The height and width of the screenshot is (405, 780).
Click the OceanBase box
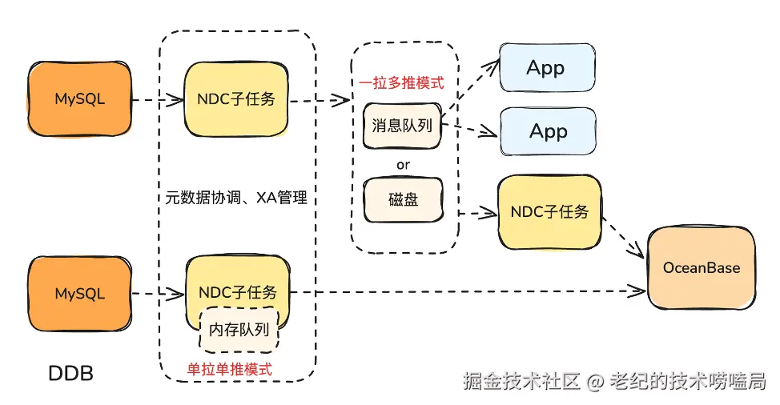[x=701, y=267]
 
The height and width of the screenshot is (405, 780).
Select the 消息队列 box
[x=402, y=126]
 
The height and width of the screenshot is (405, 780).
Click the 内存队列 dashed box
[x=239, y=328]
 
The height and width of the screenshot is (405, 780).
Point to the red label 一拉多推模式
[x=401, y=82]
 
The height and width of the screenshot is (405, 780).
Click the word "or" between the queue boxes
[x=403, y=164]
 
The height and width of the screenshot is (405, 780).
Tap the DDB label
[x=71, y=373]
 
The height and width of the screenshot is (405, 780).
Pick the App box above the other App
[x=547, y=69]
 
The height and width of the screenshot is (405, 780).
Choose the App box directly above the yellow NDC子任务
[x=549, y=131]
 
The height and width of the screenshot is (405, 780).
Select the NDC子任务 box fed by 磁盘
[x=549, y=211]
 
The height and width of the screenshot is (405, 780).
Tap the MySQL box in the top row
[x=79, y=100]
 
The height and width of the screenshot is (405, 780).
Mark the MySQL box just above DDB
[x=79, y=294]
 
